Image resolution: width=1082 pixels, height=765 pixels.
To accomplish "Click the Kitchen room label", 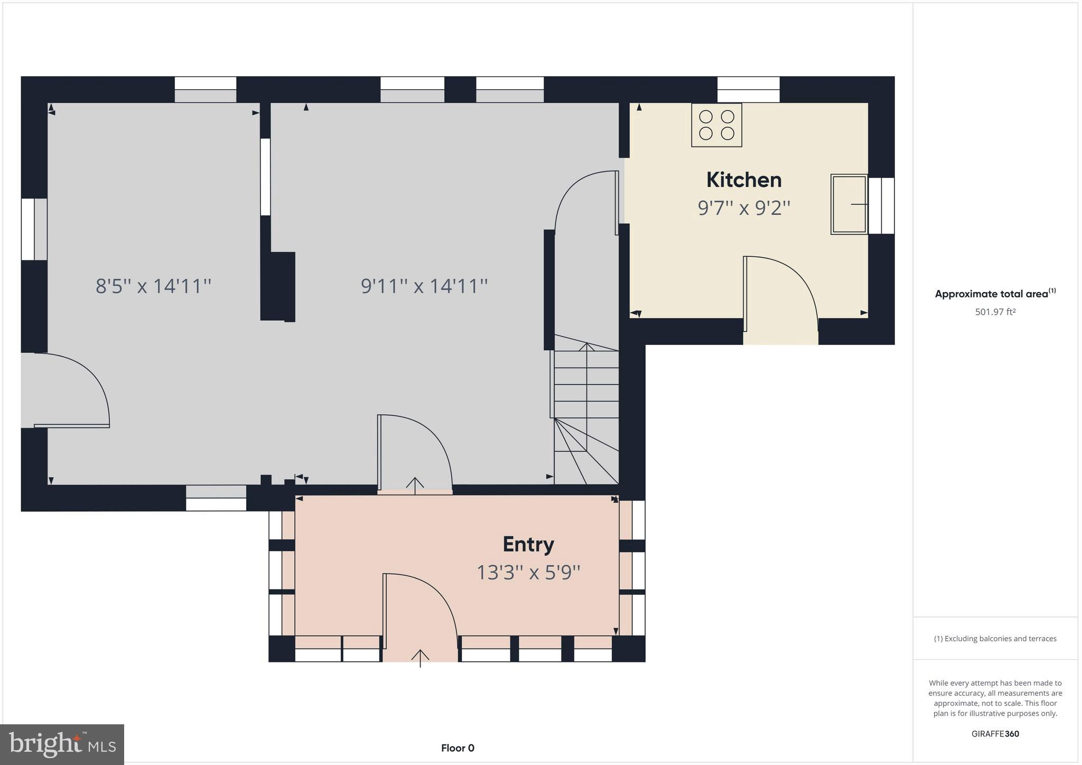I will [743, 180].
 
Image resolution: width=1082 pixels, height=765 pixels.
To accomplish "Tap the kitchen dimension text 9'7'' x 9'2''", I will [743, 208].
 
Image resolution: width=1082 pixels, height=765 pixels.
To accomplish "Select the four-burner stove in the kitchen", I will [716, 125].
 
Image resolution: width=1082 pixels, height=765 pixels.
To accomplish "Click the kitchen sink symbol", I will [848, 204].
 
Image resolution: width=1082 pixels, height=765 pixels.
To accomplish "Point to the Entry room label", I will [528, 544].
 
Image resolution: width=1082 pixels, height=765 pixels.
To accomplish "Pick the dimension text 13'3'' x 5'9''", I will [528, 572].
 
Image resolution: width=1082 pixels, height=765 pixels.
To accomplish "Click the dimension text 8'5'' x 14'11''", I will [153, 286].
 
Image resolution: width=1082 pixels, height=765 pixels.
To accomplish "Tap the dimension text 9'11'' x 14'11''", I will [424, 286].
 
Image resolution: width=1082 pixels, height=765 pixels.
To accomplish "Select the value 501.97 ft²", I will [995, 312].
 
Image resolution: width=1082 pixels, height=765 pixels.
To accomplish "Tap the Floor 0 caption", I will [458, 748].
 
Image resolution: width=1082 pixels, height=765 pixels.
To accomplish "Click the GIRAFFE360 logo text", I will [995, 734].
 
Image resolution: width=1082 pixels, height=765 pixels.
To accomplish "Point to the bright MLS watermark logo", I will [62, 744].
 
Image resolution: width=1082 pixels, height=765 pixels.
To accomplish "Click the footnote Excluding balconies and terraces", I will [995, 639].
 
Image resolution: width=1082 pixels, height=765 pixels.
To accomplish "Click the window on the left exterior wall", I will [34, 229].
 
